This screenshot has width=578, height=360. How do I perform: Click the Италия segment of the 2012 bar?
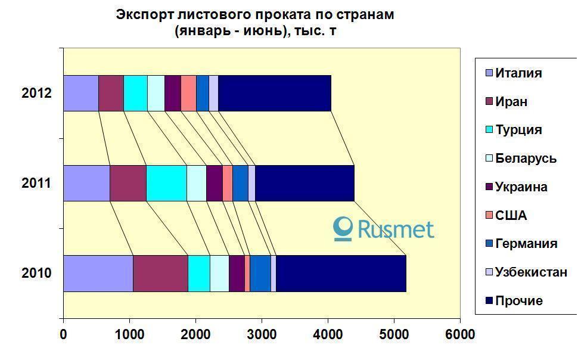tap(80, 93)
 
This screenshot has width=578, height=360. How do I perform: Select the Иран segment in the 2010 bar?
tap(160, 274)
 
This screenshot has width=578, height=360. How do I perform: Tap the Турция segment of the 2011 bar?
tap(166, 183)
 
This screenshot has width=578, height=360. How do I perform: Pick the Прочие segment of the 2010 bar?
tap(341, 274)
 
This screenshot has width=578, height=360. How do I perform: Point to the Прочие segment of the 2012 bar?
tap(274, 93)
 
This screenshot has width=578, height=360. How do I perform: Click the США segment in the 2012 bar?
tap(188, 93)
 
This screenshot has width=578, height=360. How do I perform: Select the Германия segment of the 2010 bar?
tap(260, 274)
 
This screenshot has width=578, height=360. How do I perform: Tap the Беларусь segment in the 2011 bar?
tap(197, 183)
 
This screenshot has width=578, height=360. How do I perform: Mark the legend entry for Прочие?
tap(518, 301)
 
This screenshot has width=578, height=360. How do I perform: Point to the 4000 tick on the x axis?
tap(328, 334)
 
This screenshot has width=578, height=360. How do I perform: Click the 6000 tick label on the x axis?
tap(460, 334)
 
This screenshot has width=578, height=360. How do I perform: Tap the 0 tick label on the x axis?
tap(63, 334)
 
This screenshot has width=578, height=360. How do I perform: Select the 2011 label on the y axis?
tap(36, 183)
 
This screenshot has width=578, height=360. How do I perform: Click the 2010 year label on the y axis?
tap(36, 274)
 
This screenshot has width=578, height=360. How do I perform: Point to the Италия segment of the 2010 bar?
tap(98, 274)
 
